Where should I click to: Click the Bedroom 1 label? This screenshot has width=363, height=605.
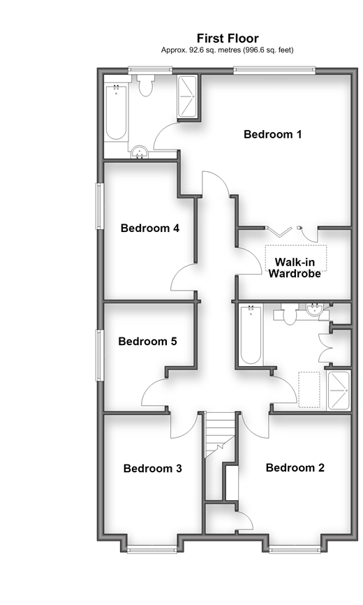point(272,134)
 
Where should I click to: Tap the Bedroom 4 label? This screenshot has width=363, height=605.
point(150,228)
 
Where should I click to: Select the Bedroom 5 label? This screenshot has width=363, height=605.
point(147,341)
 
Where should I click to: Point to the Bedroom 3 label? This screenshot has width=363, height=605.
point(153,468)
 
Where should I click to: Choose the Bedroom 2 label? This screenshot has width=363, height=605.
point(295,467)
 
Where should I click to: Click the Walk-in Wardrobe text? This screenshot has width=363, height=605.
point(295,268)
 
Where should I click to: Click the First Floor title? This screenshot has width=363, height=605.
point(228,38)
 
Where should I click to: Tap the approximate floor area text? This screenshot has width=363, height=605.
point(228,50)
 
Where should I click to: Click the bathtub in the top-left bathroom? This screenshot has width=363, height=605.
point(116,112)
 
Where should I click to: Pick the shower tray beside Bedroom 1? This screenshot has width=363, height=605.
point(187,96)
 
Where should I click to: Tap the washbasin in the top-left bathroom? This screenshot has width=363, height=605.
point(140,152)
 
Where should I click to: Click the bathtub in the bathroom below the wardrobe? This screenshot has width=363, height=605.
point(251,334)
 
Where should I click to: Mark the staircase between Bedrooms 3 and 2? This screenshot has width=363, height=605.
point(219,435)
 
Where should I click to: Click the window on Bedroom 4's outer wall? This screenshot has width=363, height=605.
point(100,206)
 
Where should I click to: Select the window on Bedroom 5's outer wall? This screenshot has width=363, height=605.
point(100,355)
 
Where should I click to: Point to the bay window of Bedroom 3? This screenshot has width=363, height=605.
point(151,549)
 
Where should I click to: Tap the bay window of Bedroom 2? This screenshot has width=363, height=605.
point(295,549)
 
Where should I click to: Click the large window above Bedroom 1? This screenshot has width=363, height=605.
point(274,71)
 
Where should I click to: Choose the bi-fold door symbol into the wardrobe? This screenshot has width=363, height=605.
point(279,231)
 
